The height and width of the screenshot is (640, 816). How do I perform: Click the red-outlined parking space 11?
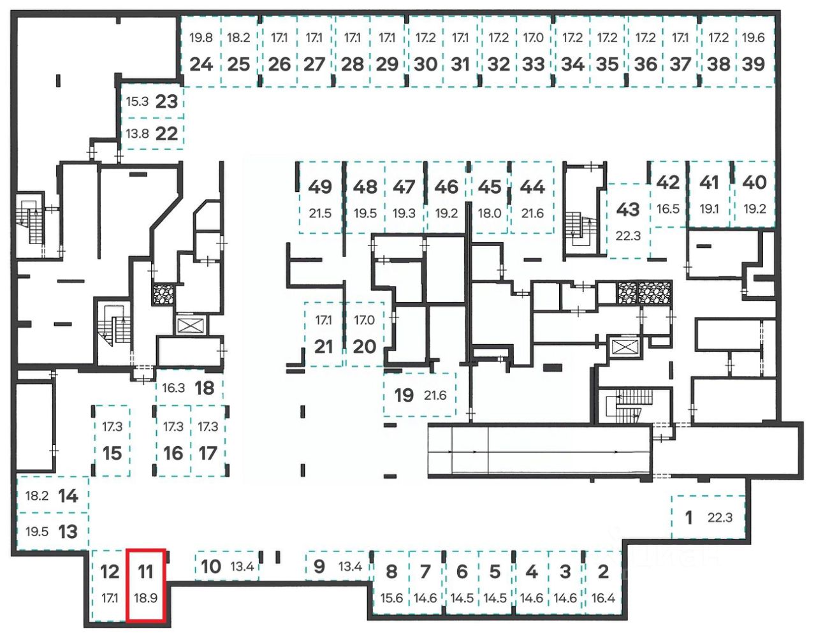point(146,585)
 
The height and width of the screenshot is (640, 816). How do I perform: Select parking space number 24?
point(201,64)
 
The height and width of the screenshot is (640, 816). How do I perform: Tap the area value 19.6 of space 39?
point(753,38)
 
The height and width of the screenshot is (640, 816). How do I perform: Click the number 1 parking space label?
point(688,517)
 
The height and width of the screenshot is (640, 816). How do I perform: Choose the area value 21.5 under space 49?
point(320,214)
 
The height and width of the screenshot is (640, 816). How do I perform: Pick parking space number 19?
point(404,395)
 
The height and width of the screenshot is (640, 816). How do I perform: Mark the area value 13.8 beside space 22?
point(137,134)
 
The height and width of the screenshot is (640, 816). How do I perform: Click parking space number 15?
point(112,453)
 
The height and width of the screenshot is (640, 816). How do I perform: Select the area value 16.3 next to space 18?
point(173,388)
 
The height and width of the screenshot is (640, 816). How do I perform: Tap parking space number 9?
point(319,566)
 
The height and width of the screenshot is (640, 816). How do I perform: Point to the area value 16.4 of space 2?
point(603,598)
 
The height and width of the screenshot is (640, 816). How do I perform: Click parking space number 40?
point(754,182)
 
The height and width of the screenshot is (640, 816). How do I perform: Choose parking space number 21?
point(324,346)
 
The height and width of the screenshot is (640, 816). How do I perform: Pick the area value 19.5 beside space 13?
point(37,531)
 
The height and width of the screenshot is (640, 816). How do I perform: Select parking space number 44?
point(532,187)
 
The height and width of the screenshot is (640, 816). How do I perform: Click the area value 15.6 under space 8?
point(391,598)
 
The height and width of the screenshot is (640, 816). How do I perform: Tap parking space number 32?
point(499,64)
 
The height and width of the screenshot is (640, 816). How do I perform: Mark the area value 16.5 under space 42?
point(668,208)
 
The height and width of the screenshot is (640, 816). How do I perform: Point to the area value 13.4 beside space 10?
point(242,566)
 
